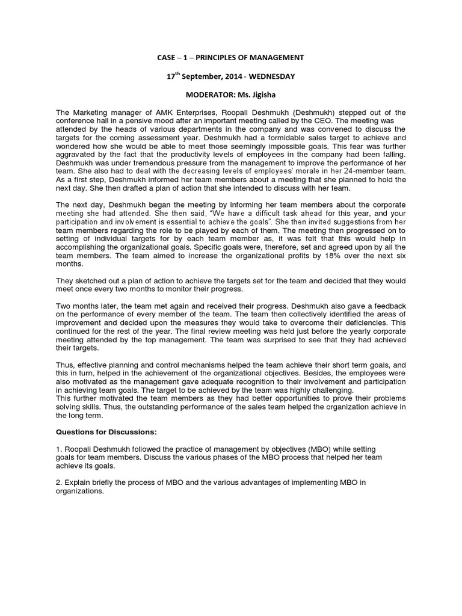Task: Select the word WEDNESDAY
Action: coord(273,76)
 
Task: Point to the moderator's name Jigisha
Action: coord(263,95)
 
